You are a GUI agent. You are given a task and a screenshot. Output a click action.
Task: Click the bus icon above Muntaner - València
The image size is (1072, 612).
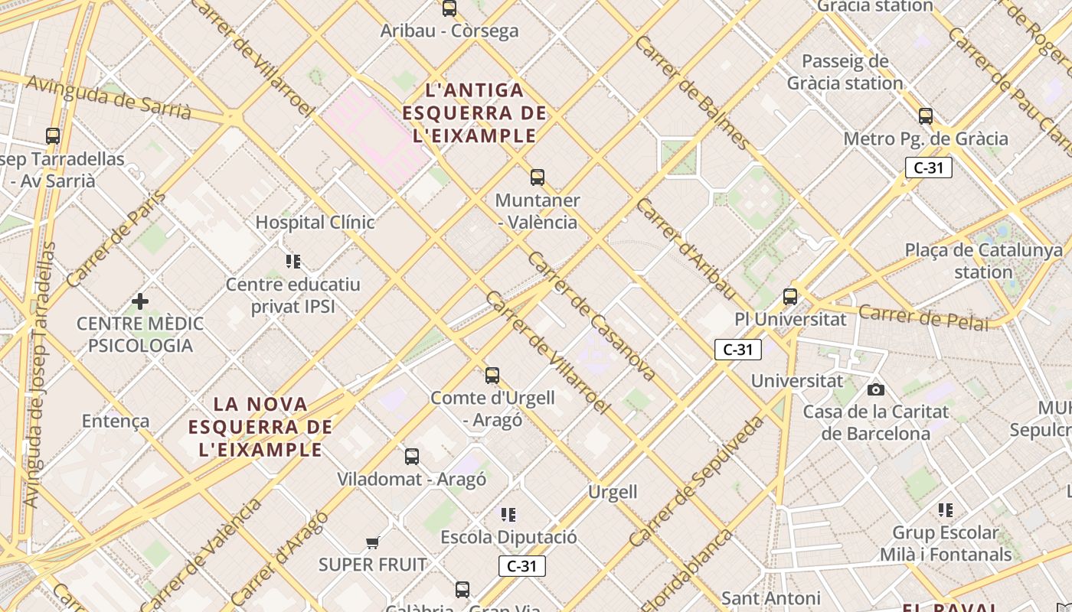(x=538, y=177)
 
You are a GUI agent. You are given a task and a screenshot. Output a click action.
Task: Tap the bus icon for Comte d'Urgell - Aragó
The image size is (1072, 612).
(x=492, y=376)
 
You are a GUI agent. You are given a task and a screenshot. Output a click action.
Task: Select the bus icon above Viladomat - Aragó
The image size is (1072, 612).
(x=412, y=457)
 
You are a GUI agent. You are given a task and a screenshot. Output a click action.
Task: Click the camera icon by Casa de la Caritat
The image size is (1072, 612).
(x=876, y=390)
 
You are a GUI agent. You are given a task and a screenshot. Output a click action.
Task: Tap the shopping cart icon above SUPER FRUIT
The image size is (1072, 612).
(x=372, y=542)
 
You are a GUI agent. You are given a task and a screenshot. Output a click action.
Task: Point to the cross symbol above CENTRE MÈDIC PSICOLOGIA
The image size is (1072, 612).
(x=140, y=301)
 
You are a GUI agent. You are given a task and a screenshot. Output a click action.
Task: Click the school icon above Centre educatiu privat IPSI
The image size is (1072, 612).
(x=293, y=262)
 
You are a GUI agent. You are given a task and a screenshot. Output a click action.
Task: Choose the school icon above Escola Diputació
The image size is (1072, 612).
(x=508, y=514)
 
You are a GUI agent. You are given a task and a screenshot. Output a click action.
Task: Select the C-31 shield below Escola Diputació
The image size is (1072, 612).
(x=522, y=566)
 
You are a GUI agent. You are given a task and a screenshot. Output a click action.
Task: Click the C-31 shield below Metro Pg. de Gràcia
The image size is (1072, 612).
(x=928, y=168)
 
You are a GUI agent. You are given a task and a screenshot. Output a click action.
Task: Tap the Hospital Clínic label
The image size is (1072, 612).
(x=315, y=223)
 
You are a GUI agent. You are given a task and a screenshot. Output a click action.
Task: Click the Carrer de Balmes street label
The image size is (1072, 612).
(x=693, y=92)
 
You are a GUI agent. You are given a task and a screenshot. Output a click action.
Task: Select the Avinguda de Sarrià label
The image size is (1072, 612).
(x=108, y=96)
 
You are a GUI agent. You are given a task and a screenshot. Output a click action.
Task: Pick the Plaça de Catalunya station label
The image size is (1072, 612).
(x=984, y=261)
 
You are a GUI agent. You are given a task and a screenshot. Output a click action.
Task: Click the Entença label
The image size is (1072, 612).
(x=116, y=421)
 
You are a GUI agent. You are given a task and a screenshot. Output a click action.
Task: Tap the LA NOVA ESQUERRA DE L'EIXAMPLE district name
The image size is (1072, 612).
(x=260, y=426)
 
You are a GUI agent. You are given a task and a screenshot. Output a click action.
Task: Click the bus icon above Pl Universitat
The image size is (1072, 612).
(x=790, y=297)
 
